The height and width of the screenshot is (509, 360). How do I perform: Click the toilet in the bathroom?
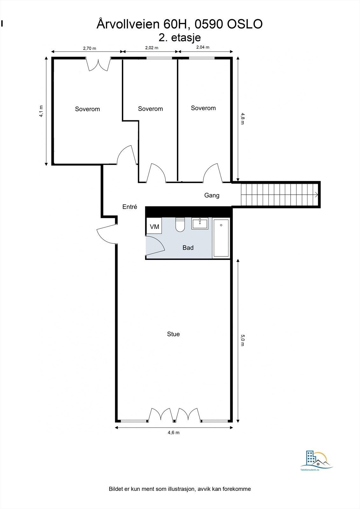pos(180,225)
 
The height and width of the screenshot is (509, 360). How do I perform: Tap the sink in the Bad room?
pos(200,224)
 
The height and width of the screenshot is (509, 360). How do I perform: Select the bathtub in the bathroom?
pos(221,238)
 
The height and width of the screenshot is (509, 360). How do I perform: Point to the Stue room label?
pos(173,334)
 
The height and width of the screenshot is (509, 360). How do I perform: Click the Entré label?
pos(130,206)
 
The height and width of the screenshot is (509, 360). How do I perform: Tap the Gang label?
pos(212,195)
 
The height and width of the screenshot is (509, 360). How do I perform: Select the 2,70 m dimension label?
pos(89,48)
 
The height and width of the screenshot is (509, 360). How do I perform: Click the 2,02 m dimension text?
pos(152,48)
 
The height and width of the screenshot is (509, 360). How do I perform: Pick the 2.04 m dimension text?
pos(203,47)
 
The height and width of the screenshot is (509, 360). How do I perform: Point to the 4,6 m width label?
pos(173,432)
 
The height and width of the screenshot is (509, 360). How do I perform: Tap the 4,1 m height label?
pos(41,111)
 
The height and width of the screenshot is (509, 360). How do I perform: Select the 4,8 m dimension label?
pos(243,119)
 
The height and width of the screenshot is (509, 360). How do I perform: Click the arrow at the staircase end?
pos(316,194)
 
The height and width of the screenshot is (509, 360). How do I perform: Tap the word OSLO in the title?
pos(245,24)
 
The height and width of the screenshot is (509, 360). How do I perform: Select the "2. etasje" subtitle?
pos(180,38)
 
